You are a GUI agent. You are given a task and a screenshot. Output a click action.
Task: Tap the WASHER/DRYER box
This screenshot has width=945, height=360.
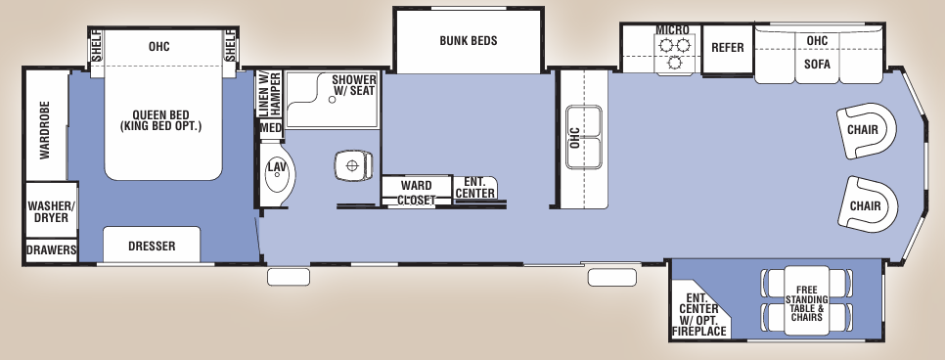[50, 210]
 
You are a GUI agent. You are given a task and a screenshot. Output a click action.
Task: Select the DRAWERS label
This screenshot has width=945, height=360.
[51, 250]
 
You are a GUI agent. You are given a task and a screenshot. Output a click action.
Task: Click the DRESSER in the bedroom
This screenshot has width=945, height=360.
[152, 246]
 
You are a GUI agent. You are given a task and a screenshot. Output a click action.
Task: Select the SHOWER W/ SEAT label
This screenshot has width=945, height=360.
[354, 85]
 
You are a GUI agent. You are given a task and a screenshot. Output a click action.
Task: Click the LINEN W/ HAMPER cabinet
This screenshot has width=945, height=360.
[269, 93]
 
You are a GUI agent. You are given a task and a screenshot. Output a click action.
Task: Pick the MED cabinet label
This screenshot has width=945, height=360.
[271, 128]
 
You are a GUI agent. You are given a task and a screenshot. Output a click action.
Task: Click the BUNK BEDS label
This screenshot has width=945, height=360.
[469, 41]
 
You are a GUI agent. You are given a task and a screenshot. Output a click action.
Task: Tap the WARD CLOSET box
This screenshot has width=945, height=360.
[416, 191]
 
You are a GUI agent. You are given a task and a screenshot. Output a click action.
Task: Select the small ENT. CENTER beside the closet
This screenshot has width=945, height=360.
[475, 187]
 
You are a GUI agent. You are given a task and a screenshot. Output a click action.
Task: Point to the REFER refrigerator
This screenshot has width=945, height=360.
[728, 48]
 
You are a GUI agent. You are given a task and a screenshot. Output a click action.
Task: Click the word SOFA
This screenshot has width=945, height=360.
[818, 63]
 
